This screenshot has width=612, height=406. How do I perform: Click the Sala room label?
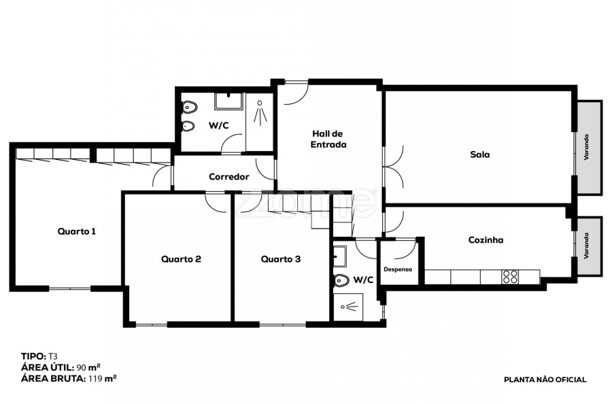click(479, 154)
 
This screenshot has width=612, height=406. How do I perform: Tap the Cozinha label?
click(486, 240)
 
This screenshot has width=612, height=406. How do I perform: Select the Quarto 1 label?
click(76, 231)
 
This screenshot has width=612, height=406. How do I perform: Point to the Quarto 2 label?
click(181, 259)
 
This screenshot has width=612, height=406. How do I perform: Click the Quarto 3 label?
click(281, 259)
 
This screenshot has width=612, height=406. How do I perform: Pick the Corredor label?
click(229, 177)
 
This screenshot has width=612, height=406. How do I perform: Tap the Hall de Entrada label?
click(328, 139)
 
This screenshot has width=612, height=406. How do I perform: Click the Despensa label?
click(398, 269)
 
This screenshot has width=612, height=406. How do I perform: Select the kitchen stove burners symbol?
click(511, 277)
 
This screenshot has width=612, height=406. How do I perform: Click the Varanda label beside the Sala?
click(586, 147)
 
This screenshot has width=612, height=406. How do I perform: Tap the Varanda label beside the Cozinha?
click(586, 246)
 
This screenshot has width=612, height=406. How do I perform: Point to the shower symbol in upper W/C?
click(260, 113)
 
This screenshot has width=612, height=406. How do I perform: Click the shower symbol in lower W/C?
click(350, 307)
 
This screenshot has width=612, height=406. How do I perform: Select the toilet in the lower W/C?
click(341, 280)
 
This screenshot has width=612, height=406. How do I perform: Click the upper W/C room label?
click(218, 125)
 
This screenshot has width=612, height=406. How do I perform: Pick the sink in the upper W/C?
click(228, 101)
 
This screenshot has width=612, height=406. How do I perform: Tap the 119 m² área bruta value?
click(102, 378)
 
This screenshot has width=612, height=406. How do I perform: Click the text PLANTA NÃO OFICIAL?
click(545, 379)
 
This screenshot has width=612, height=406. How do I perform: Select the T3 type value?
click(52, 356)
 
